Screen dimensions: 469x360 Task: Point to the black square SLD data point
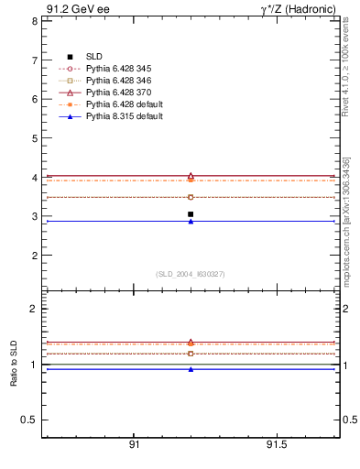tap(191, 214)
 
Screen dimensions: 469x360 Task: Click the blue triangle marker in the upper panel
tap(191, 221)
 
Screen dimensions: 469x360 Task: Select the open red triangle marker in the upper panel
tap(191, 175)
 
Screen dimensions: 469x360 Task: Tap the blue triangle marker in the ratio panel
tap(191, 369)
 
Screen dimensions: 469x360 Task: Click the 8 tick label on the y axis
tap(34, 20)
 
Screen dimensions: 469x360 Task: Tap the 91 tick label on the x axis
tap(134, 444)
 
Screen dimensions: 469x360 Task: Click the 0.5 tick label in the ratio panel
tap(29, 420)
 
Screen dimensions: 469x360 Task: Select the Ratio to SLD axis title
tap(14, 365)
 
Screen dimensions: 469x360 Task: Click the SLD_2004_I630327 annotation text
tap(190, 274)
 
